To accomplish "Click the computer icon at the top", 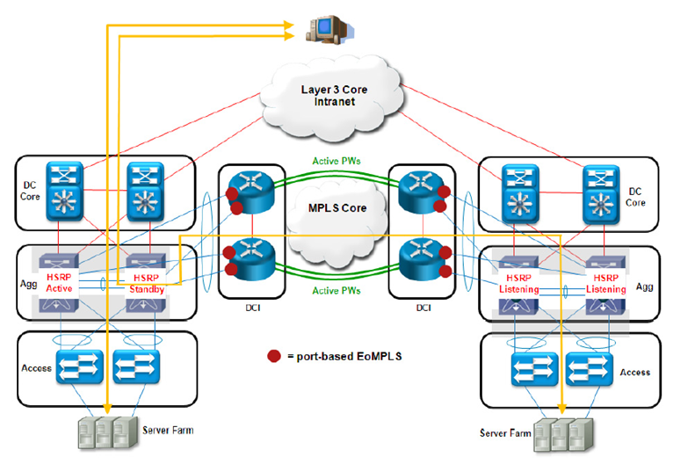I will click(322, 28).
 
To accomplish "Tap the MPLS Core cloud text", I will click(336, 209).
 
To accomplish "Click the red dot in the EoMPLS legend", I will click(274, 357).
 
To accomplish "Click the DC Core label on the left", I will click(33, 192).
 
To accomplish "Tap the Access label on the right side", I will click(633, 372).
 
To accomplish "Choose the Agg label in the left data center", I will click(28, 284).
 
